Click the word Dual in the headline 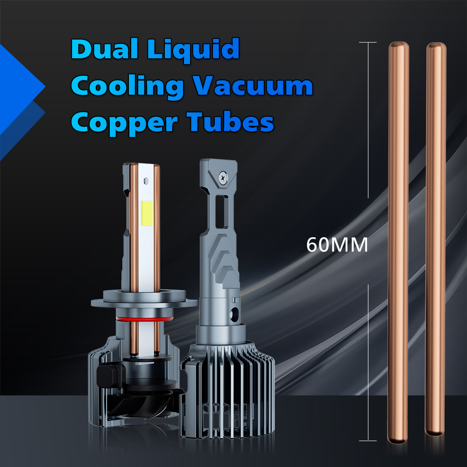coord(105,49)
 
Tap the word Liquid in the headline coord(193,50)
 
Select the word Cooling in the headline coord(127,87)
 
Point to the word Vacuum coord(253,86)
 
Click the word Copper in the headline coord(125,123)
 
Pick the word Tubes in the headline coord(230,121)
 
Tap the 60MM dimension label coord(337,245)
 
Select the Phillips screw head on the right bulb coord(223,178)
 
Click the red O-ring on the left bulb coord(145,319)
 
